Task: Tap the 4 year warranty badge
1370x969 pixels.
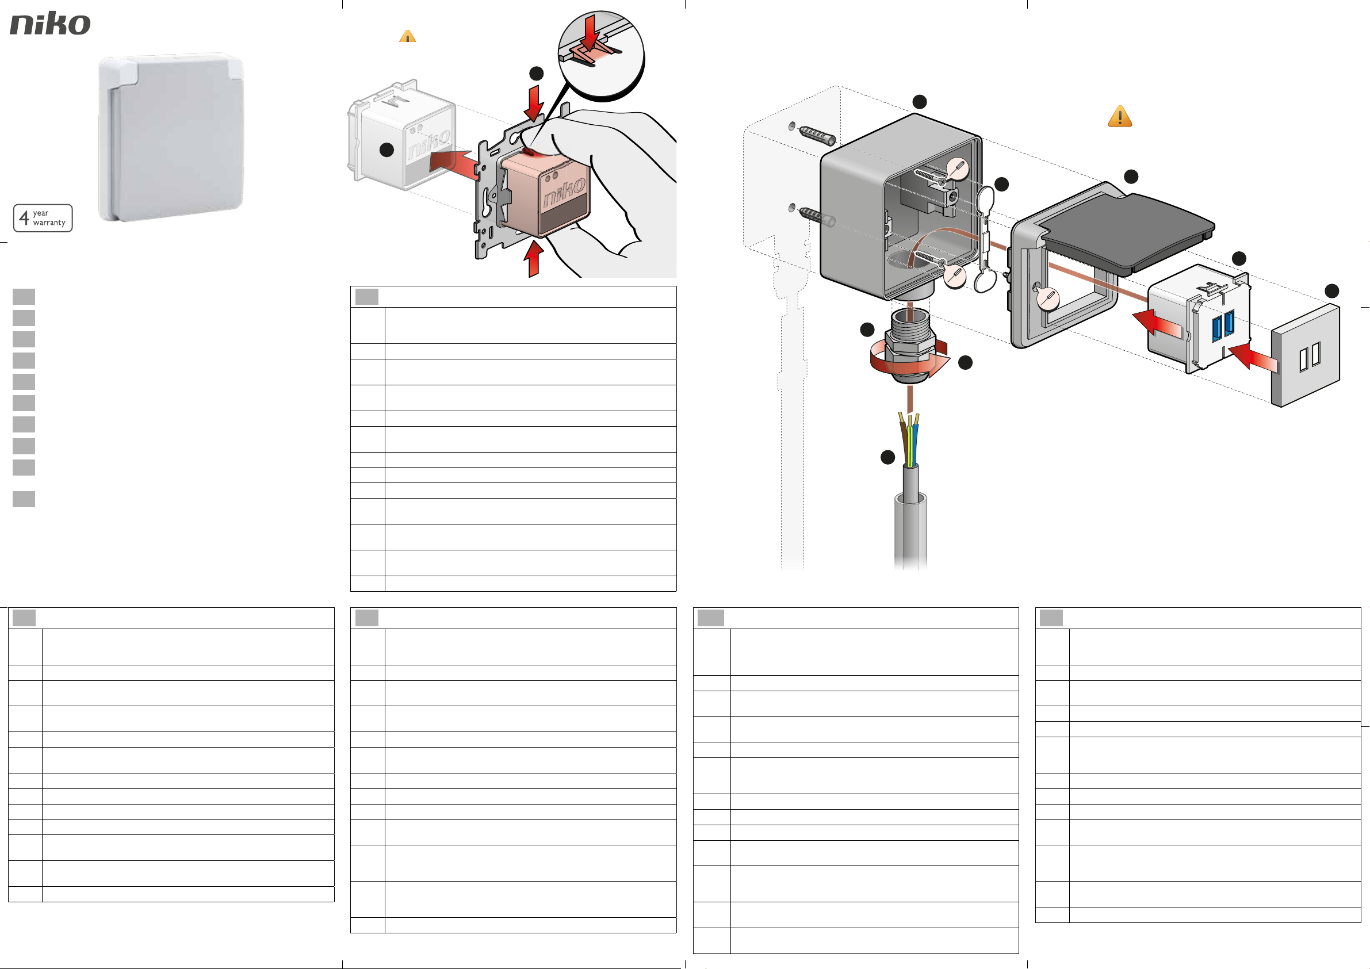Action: (x=43, y=218)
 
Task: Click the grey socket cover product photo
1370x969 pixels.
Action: (x=171, y=138)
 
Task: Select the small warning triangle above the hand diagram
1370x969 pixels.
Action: (x=408, y=36)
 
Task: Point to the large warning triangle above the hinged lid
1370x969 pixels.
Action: (x=1120, y=116)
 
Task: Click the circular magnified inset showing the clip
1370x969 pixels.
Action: (x=601, y=55)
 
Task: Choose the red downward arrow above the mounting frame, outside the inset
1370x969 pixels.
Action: (x=533, y=103)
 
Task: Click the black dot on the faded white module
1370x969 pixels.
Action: (x=386, y=150)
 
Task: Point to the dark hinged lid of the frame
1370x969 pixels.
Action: (x=1127, y=233)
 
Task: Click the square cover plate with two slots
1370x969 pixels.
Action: (x=1306, y=355)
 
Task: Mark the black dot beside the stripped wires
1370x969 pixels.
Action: (x=888, y=457)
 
